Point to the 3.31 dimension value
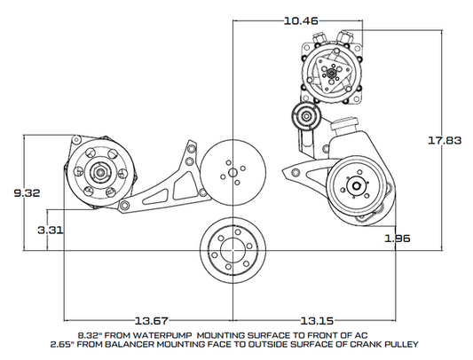[x=52, y=230]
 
